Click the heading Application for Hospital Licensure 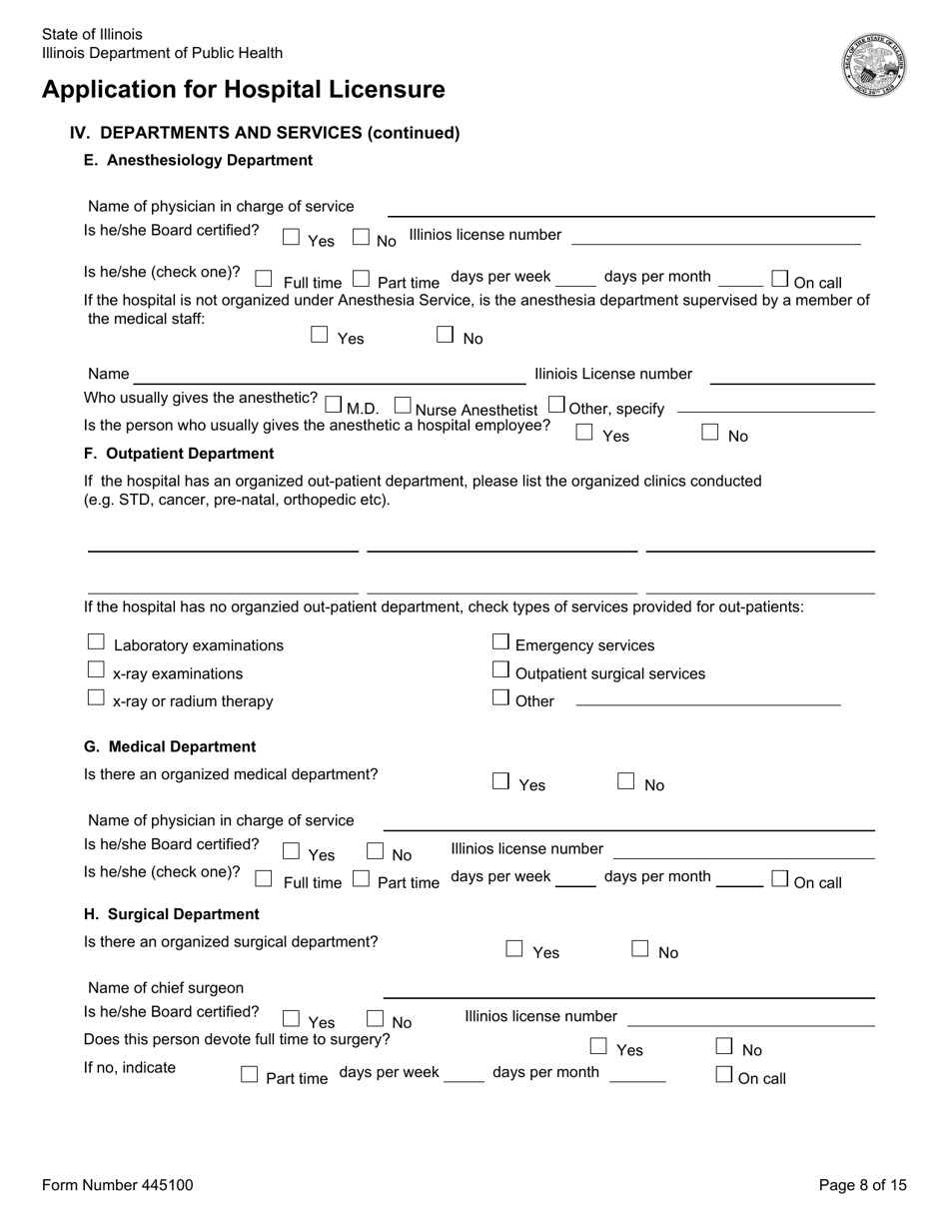pos(244,90)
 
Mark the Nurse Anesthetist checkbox pos(403,406)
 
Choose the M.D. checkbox pos(334,406)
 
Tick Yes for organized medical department pos(501,781)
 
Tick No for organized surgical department pos(640,949)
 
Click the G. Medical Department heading pos(170,746)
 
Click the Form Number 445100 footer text pos(118,1185)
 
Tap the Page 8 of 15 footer pos(863,1185)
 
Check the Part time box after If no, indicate pos(250,1075)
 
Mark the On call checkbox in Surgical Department pos(724,1075)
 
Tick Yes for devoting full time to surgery pos(598,1046)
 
